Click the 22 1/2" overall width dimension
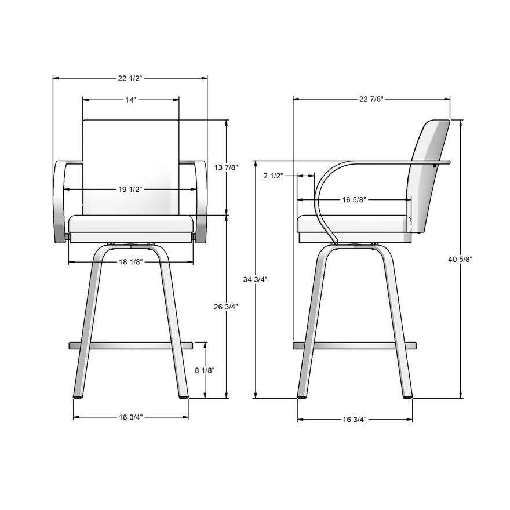[130, 78]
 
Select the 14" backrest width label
[130, 100]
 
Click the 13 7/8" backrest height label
[226, 168]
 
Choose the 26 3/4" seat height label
[226, 307]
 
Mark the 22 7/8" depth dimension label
[371, 99]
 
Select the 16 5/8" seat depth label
[354, 200]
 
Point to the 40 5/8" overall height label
[461, 260]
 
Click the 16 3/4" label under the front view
[130, 417]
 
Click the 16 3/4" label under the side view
[355, 419]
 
